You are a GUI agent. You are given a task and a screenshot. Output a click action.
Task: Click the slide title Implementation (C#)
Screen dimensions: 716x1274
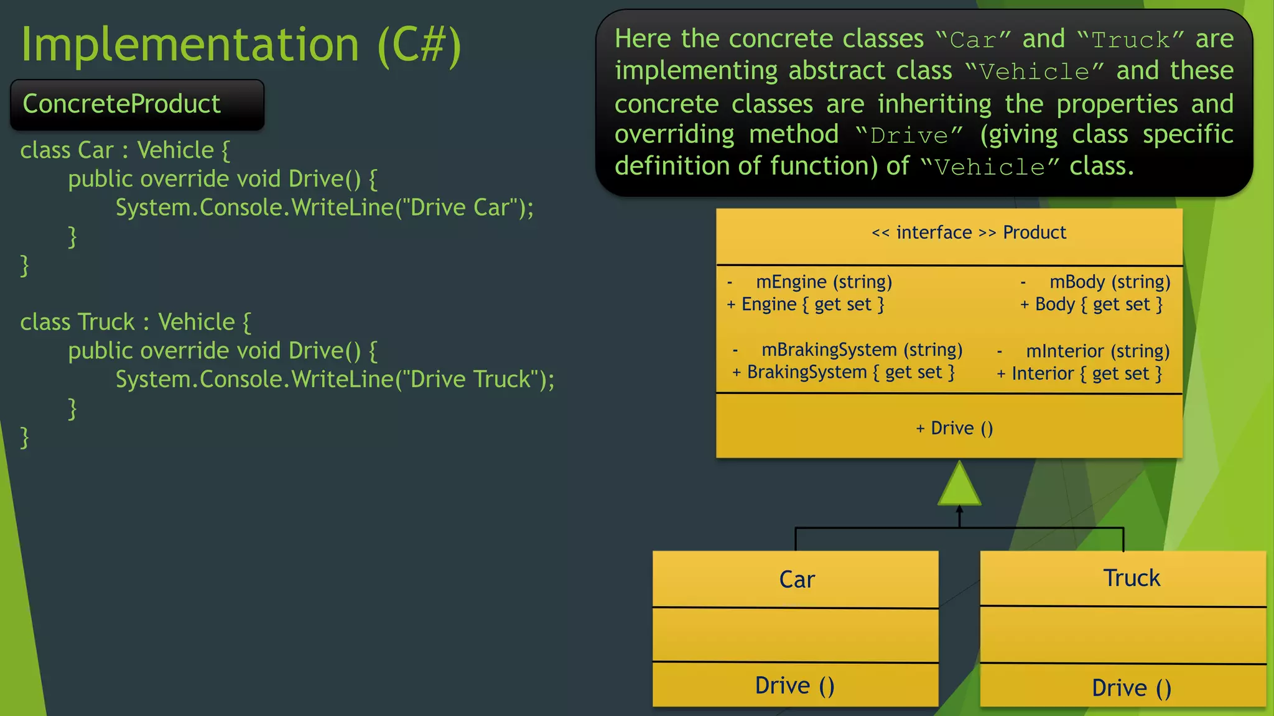pos(241,45)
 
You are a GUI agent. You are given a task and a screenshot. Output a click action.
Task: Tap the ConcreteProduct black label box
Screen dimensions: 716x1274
pos(137,104)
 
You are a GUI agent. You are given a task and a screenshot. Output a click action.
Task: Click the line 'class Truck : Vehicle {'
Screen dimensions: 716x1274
pos(135,322)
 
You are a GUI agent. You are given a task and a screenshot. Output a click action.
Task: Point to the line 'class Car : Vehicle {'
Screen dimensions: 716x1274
pos(124,150)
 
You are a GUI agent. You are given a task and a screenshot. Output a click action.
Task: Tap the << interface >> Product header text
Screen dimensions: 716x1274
pos(969,232)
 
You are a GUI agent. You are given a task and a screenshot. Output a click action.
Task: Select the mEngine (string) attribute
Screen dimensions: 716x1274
pos(824,282)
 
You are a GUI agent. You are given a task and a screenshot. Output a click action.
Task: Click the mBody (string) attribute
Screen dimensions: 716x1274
pos(1110,282)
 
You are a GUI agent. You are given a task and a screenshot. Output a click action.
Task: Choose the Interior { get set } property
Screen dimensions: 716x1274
pos(1086,374)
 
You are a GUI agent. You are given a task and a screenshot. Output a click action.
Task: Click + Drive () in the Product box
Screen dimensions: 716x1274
pos(954,428)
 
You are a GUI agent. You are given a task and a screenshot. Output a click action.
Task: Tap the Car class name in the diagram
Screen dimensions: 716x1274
pos(796,579)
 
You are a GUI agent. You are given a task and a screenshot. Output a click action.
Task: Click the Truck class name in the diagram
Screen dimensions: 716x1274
pos(1131,578)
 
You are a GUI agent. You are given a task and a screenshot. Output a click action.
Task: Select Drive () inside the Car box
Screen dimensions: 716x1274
pos(794,686)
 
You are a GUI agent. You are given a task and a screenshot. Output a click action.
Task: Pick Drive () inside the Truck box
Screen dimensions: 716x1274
pos(1131,688)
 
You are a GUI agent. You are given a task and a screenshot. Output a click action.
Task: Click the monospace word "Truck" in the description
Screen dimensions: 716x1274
pos(1130,40)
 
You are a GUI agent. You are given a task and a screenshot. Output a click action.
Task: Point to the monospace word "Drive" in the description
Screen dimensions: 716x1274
pos(908,135)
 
